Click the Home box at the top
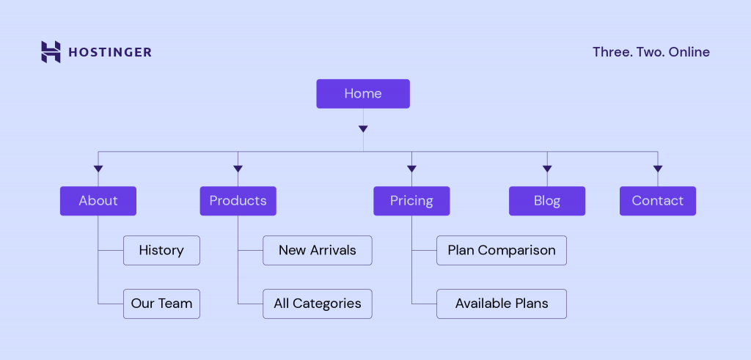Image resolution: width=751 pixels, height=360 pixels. pyautogui.click(x=363, y=94)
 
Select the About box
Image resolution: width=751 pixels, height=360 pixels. pyautogui.click(x=98, y=201)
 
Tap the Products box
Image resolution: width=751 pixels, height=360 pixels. pyautogui.click(x=238, y=201)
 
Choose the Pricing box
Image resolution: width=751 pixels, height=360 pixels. pyautogui.click(x=411, y=201)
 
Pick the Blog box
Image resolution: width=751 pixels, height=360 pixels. pyautogui.click(x=547, y=201)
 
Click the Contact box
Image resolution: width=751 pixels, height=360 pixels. pyautogui.click(x=657, y=201)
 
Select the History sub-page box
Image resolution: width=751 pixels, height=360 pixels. pyautogui.click(x=161, y=250)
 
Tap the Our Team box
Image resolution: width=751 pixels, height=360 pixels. pyautogui.click(x=161, y=304)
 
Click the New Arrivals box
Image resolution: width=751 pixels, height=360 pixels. pyautogui.click(x=317, y=250)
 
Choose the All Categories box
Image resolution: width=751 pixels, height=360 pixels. pyautogui.click(x=317, y=304)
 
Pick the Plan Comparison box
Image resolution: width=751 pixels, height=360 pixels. pyautogui.click(x=502, y=250)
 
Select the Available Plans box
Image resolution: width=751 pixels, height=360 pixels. pyautogui.click(x=502, y=304)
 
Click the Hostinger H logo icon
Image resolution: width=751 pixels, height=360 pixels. pyautogui.click(x=51, y=52)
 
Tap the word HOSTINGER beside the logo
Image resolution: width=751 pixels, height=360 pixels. pyautogui.click(x=110, y=52)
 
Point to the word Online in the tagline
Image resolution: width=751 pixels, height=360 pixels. pyautogui.click(x=689, y=52)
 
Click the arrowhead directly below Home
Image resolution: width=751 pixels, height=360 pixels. pyautogui.click(x=363, y=129)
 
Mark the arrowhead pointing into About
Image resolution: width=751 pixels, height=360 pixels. pyautogui.click(x=98, y=169)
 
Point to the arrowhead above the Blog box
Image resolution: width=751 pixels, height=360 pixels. pyautogui.click(x=547, y=169)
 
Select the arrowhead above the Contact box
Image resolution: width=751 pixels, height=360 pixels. pyautogui.click(x=657, y=169)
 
